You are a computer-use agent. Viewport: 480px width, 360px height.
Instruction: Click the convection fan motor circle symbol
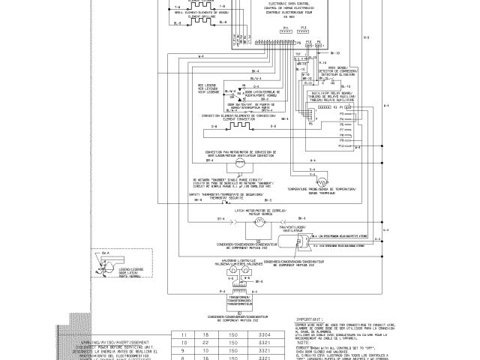(x=239, y=162)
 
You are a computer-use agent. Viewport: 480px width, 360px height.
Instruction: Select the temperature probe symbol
(x=321, y=181)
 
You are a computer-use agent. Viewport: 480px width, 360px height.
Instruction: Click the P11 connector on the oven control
(x=286, y=31)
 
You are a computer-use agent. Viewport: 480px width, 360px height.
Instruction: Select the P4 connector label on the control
(x=318, y=43)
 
